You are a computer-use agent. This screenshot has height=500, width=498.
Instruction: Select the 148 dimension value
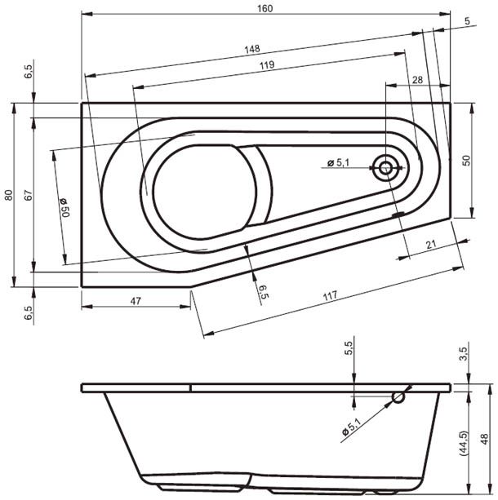(253, 50)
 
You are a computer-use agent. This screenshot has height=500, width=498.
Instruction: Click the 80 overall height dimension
(7, 195)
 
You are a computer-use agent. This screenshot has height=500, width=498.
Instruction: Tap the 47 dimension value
(136, 301)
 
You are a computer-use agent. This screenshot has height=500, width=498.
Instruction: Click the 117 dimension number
(330, 297)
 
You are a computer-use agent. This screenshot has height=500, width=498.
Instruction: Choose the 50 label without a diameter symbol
(467, 161)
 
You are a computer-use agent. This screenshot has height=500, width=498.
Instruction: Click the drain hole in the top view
(386, 170)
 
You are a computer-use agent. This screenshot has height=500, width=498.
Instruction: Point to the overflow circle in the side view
(398, 397)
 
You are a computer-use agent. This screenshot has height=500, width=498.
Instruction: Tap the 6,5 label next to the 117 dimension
(263, 291)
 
